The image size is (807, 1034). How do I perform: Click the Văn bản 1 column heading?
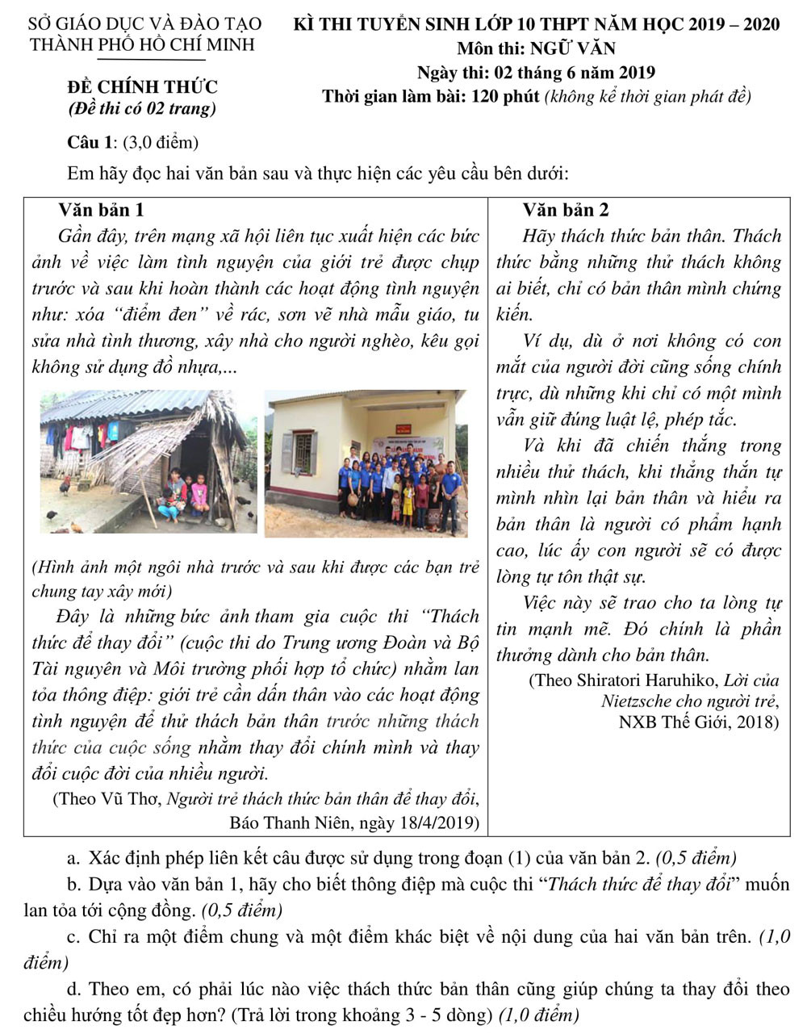click(102, 210)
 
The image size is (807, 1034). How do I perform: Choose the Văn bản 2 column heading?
click(566, 210)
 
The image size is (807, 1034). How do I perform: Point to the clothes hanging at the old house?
click(81, 437)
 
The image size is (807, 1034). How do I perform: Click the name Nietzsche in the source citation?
click(638, 701)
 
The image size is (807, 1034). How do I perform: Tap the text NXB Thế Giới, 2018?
click(699, 721)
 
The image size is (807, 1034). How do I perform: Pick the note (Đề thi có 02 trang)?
click(142, 108)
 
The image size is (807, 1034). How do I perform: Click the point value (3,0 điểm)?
click(161, 143)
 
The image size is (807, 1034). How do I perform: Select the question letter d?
click(73, 989)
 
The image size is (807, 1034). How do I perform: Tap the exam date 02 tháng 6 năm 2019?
click(575, 73)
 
